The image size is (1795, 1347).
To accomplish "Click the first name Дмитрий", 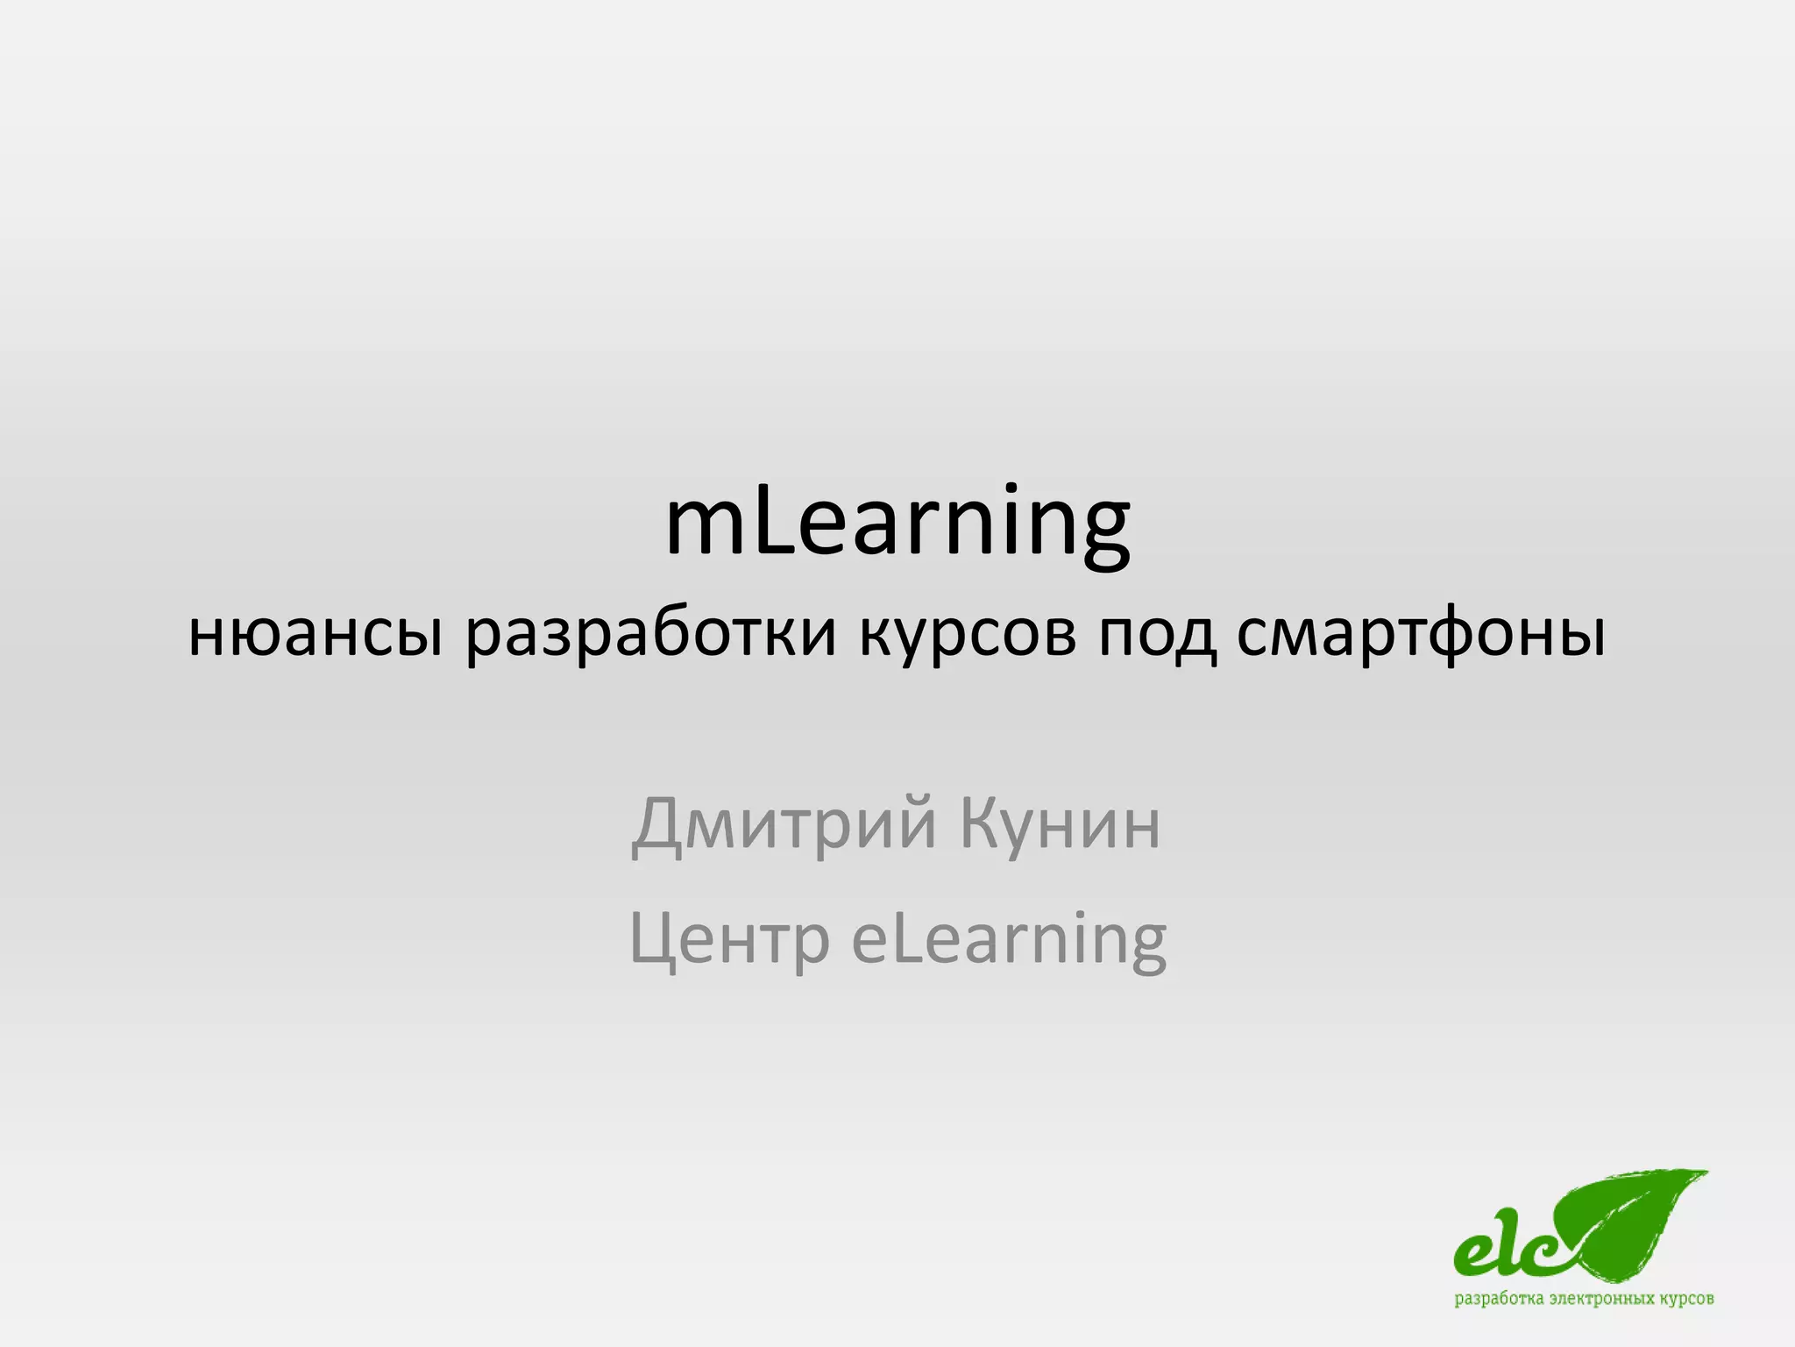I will [784, 824].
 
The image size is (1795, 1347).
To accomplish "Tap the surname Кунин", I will [1061, 824].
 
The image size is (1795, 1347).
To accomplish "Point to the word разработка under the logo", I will [1500, 1299].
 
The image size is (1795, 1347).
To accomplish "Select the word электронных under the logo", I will [1600, 1299].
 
